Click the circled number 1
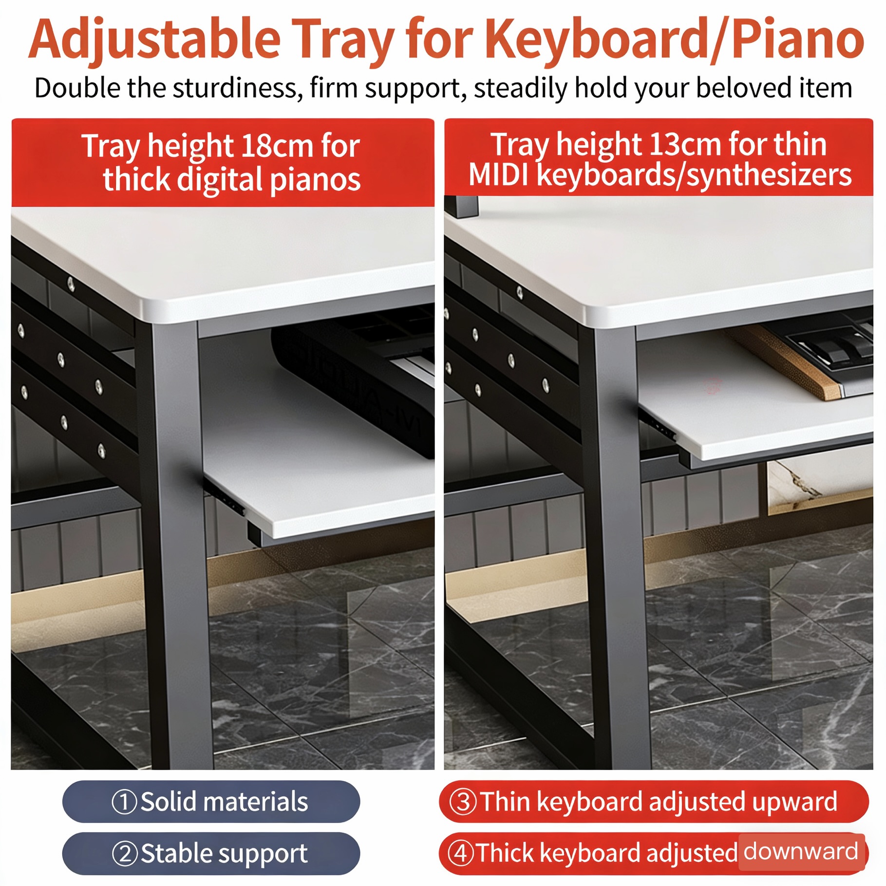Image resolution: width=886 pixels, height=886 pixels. (124, 802)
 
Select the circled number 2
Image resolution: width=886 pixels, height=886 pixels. (125, 854)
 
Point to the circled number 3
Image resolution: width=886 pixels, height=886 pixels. (463, 802)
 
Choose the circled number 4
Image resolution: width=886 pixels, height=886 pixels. (461, 854)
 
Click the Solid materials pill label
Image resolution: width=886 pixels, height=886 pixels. (211, 802)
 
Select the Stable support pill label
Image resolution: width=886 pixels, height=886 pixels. (211, 853)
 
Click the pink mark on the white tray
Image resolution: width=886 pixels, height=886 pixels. (714, 385)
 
